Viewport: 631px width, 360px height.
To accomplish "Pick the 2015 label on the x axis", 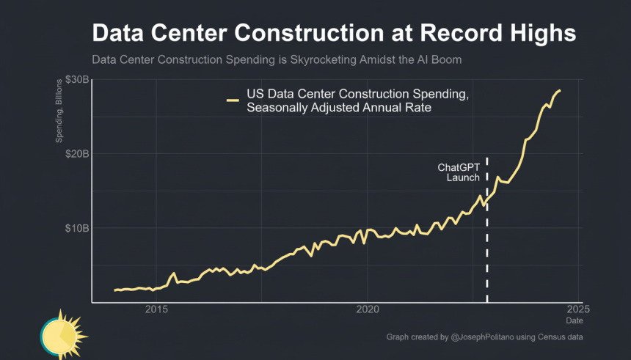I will coord(158,310).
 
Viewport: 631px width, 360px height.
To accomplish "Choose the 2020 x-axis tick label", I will coord(368,310).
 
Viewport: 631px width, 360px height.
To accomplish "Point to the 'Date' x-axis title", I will coord(575,321).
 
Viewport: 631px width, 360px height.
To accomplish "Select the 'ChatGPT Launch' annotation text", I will coord(459,172).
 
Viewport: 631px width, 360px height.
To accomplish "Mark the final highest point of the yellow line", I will coord(560,90).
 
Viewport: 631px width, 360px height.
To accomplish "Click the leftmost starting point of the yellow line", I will coord(115,290).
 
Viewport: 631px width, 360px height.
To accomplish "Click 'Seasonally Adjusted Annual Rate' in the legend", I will coord(338,108).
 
